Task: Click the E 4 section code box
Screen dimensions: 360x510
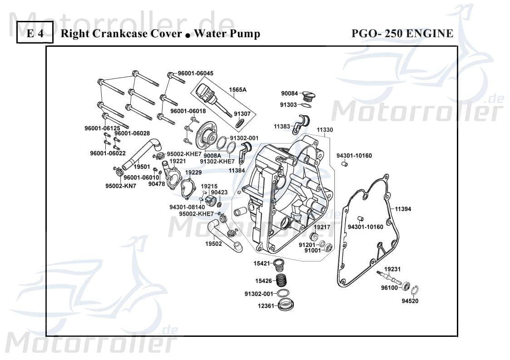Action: (x=35, y=34)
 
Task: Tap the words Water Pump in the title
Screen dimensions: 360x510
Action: (x=227, y=34)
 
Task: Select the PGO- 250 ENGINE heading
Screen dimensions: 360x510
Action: (x=402, y=34)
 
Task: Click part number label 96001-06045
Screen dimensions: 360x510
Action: (x=195, y=74)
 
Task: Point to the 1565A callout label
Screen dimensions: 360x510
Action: (x=237, y=90)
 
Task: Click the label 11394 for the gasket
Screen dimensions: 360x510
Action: (x=402, y=209)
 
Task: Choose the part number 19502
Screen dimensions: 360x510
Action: (x=213, y=244)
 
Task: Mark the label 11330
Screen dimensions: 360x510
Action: (x=325, y=130)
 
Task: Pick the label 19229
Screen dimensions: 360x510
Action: (x=193, y=173)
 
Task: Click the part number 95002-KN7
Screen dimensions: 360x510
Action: (x=108, y=186)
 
